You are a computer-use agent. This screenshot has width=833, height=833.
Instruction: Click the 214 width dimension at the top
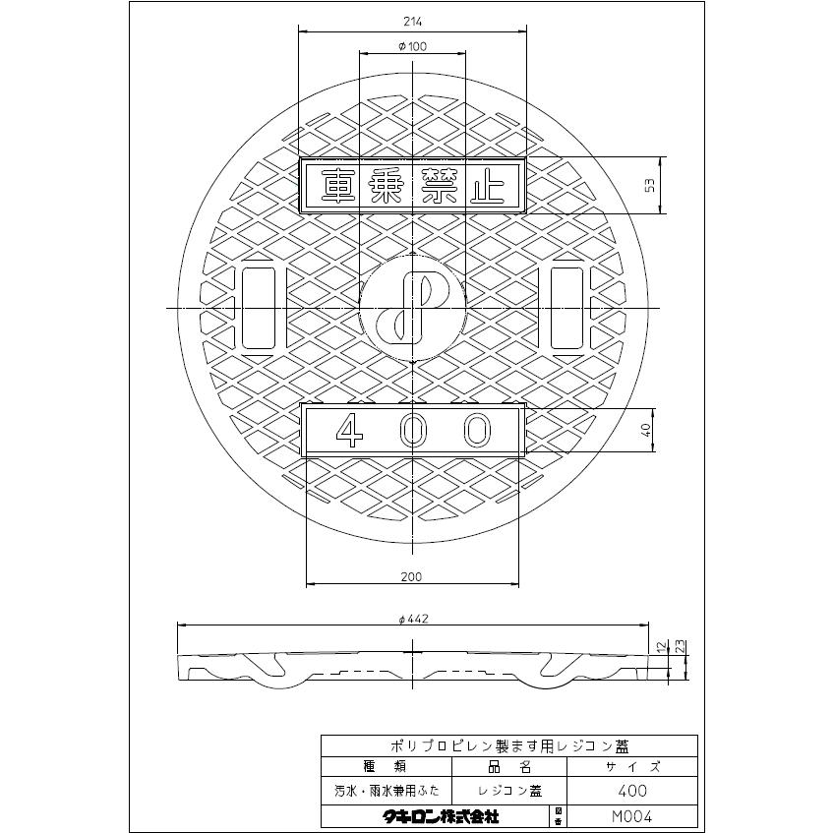click(x=412, y=22)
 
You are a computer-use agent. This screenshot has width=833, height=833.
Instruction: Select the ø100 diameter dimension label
click(x=412, y=47)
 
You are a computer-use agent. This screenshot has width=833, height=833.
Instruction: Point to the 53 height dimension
click(x=650, y=185)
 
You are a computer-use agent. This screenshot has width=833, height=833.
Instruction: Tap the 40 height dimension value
click(x=645, y=430)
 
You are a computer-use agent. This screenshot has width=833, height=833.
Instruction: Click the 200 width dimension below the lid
click(x=412, y=576)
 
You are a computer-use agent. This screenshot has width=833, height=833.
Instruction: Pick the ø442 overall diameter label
click(x=413, y=619)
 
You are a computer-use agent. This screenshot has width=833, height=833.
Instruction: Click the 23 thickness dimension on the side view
click(x=682, y=646)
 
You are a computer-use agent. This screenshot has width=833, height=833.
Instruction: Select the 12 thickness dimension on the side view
click(x=662, y=647)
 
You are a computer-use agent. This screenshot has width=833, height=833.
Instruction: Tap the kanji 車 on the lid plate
click(x=339, y=186)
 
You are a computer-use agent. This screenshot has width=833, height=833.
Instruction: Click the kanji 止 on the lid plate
click(x=486, y=186)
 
